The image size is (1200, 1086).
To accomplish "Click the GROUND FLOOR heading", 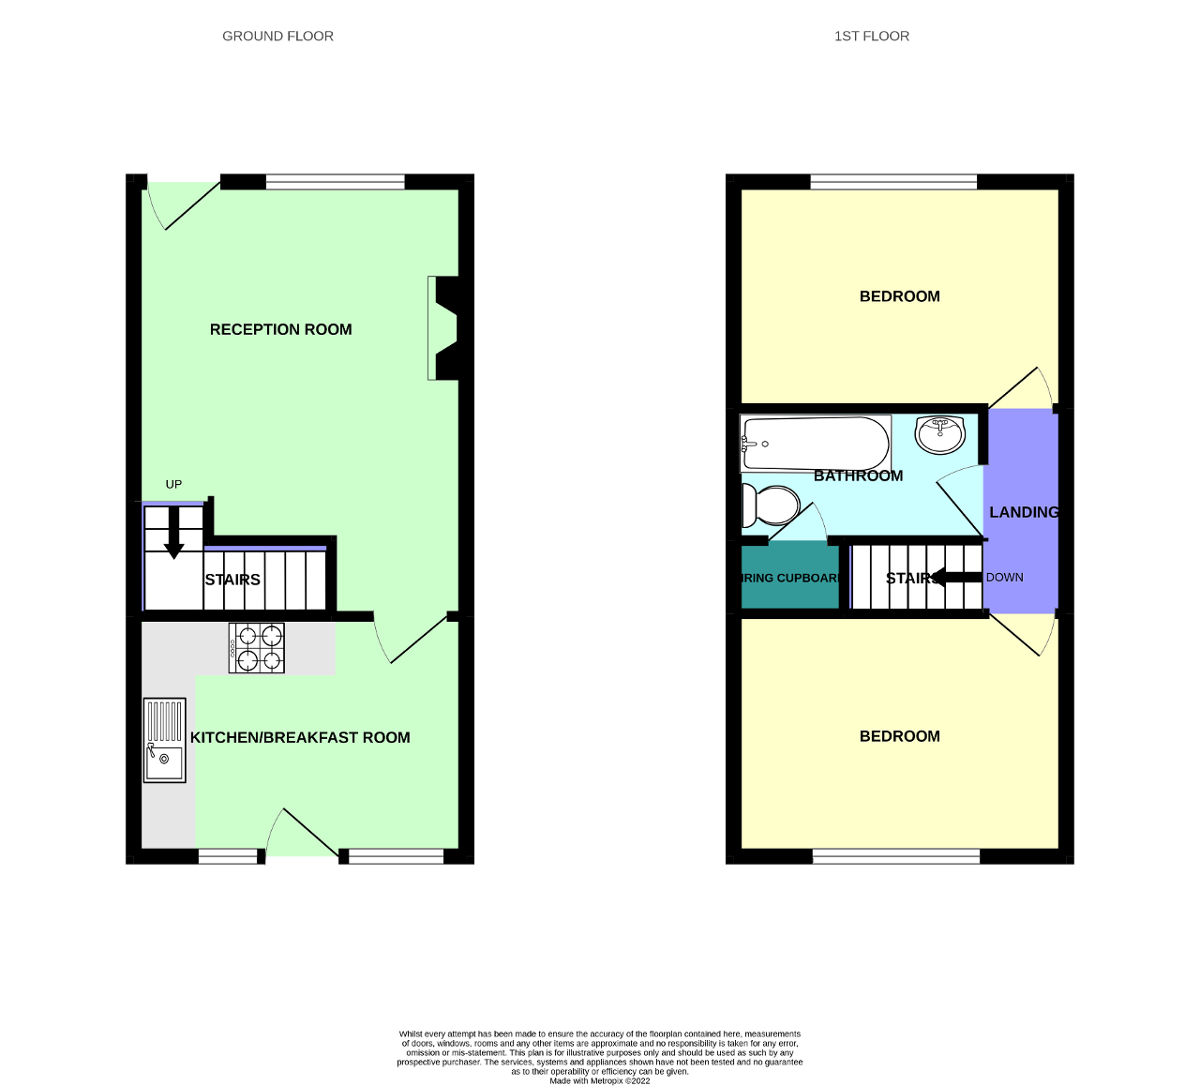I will pos(277,37).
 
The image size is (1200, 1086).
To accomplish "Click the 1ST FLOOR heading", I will pos(871,37).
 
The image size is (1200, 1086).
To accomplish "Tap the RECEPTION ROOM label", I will pos(280,329).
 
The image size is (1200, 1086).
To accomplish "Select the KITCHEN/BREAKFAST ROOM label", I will pos(300,737).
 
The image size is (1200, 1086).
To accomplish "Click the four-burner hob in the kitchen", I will pos(257,648).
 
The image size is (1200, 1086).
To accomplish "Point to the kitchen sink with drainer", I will pos(164,740).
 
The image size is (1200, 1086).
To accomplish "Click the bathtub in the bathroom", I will pos(815,444).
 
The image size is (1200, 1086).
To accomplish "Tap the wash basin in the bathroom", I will pos(939,433).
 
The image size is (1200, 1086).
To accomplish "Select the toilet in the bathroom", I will pos(769,506).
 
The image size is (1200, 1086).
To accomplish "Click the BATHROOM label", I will pos(858,475).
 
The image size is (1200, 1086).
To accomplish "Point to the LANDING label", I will pos(1024,512).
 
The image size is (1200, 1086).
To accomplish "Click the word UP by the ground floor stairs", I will pos(173,484).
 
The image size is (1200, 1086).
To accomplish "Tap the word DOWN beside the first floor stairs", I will pos(1004,577).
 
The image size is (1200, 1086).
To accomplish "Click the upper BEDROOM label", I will pos(899,296).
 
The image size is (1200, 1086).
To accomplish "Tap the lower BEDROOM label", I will pos(899,736).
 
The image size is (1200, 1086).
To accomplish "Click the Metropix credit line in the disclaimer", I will pos(599,1080).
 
